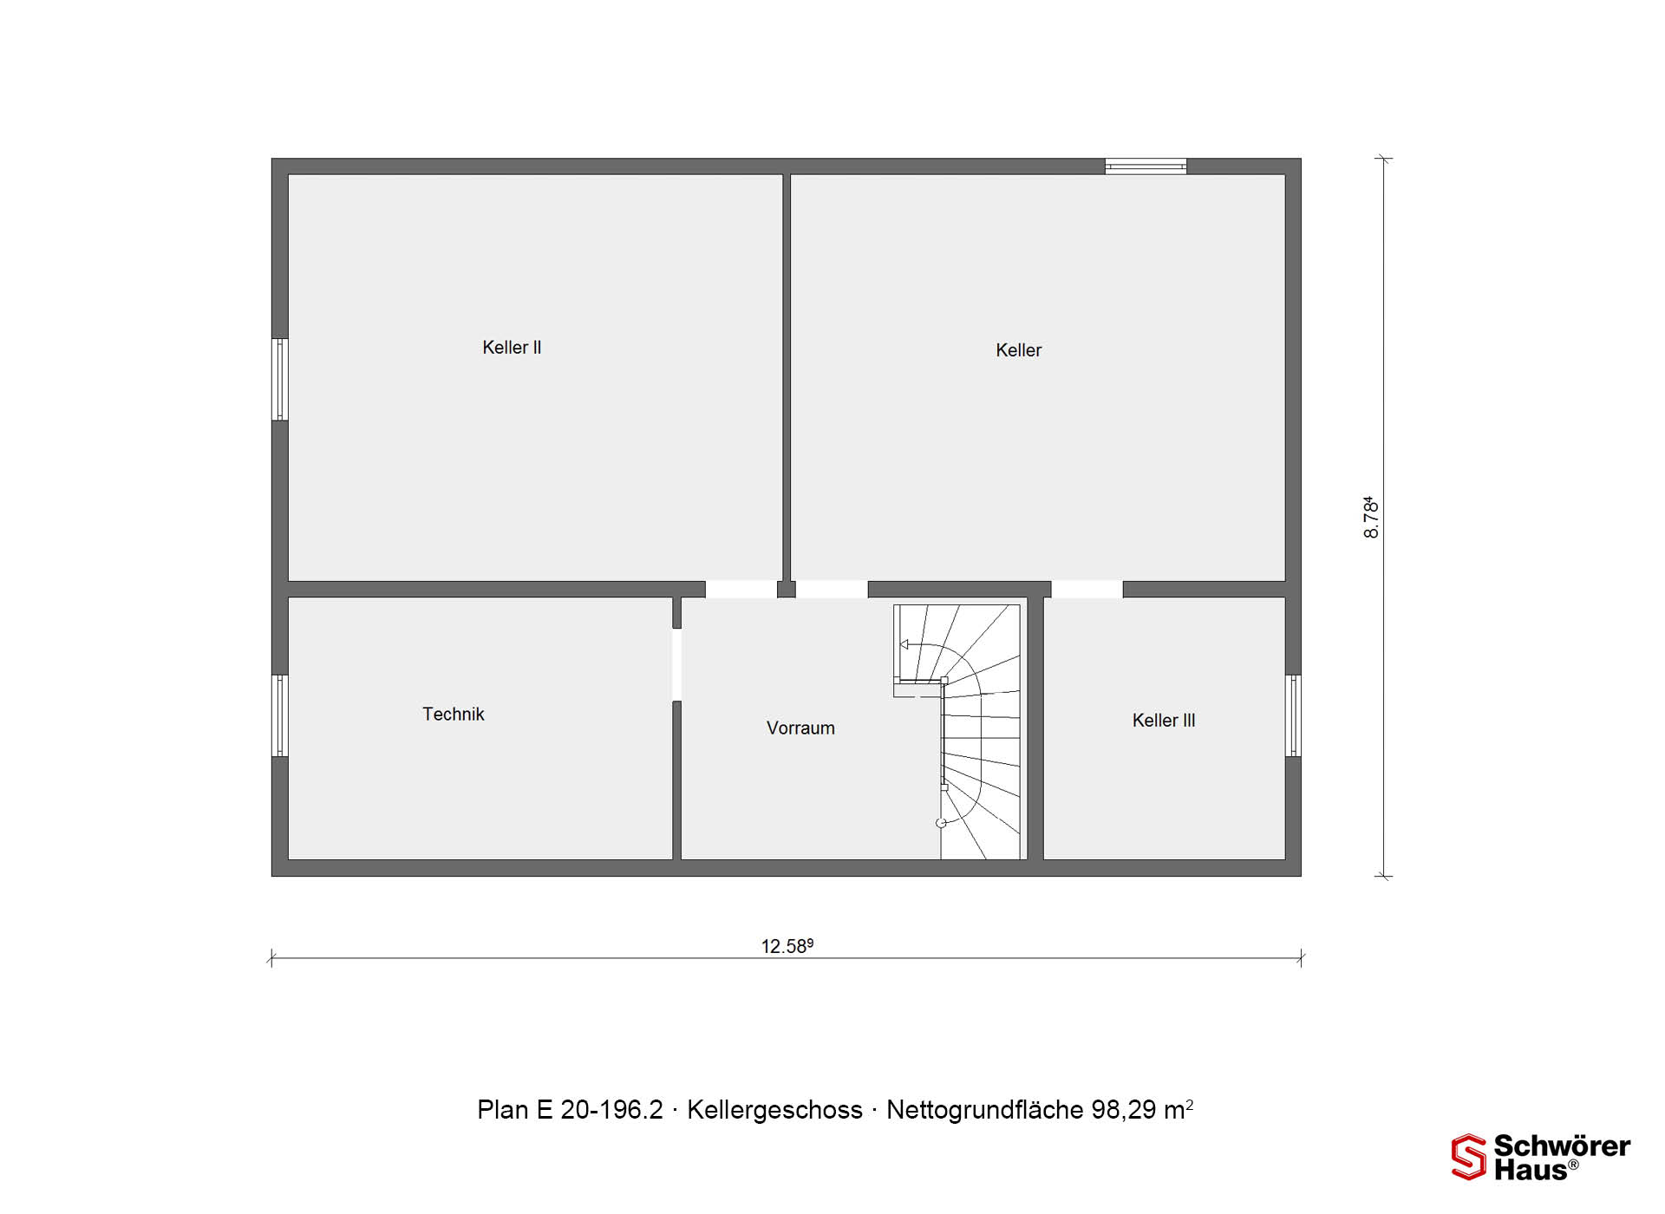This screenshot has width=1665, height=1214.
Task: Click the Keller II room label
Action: [512, 348]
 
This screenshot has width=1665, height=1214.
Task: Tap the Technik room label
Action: [453, 715]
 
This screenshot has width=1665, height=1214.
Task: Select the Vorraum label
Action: [800, 728]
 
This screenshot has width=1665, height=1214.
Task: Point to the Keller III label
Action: [1164, 721]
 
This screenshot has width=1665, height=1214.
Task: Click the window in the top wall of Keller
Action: [1146, 166]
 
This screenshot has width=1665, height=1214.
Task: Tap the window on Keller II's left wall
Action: [280, 380]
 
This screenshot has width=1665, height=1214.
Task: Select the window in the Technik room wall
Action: [280, 715]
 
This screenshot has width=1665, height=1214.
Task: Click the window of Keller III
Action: [1293, 715]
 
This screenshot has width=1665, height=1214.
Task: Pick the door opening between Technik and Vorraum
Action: [676, 665]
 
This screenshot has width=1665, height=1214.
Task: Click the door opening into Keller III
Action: [1087, 590]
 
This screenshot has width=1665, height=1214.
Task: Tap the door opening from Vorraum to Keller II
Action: [741, 590]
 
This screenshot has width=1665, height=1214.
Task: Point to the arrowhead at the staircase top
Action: [904, 644]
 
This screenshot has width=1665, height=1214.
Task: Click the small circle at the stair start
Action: [941, 823]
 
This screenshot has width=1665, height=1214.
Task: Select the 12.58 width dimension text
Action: [787, 946]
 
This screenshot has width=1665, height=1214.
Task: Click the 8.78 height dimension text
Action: [1371, 518]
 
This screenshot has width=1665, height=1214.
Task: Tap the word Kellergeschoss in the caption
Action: [774, 1111]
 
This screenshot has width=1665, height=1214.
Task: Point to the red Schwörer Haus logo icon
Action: [1469, 1157]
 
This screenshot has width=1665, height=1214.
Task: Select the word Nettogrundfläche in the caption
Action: [985, 1111]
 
